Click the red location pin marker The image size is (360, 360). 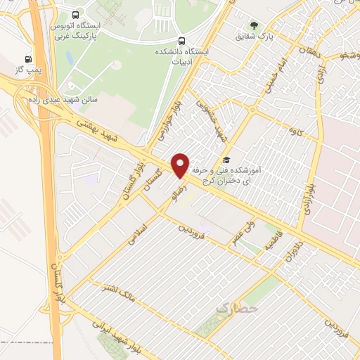(x=181, y=164)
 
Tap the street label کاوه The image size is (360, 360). (x=287, y=131)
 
